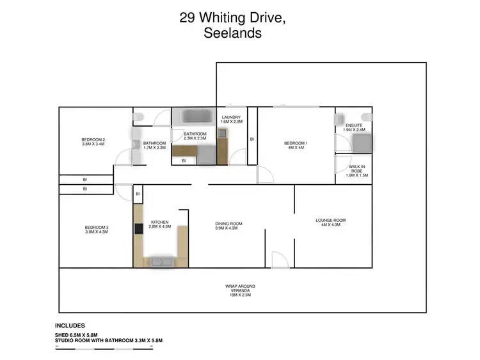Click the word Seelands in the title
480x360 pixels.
point(232,34)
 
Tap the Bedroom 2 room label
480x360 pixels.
point(93,142)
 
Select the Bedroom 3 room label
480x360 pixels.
point(96,229)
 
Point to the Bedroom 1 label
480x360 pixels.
point(296,145)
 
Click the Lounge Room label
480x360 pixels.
point(331,223)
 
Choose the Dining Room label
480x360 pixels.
point(228,225)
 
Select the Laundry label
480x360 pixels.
point(231,120)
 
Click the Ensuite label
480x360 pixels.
point(354,127)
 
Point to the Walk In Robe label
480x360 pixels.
point(356,171)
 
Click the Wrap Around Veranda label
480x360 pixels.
point(241,290)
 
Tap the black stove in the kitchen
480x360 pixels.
point(138,228)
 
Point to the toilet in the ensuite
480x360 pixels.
point(337,119)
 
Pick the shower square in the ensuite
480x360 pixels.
point(360,143)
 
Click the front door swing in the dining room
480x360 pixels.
point(278,259)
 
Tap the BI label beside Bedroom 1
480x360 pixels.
point(252,139)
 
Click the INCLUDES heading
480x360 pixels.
point(70,325)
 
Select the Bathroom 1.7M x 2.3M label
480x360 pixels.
point(154,145)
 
